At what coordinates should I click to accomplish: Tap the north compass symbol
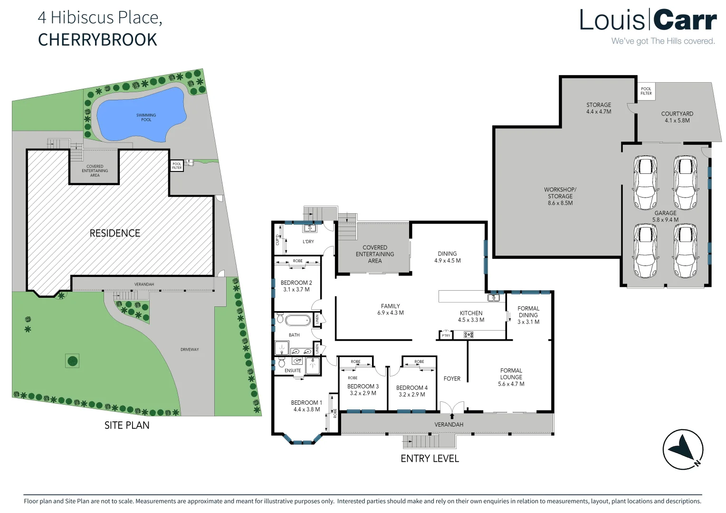tap(683, 449)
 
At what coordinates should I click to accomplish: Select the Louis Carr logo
tap(648, 21)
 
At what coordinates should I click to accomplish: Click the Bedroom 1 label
tap(306, 406)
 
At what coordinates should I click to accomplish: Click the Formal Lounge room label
tap(511, 377)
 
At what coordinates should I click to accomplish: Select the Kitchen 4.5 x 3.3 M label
tap(471, 316)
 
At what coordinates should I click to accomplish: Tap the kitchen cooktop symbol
tap(468, 335)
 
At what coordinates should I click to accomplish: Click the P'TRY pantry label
tap(446, 335)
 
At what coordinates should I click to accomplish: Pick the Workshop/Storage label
tap(560, 196)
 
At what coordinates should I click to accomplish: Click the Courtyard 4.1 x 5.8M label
tap(677, 117)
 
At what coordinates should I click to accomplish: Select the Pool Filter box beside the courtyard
tap(646, 91)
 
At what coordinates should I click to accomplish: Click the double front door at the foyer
tap(452, 408)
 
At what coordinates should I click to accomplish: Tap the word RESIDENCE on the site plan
tap(115, 233)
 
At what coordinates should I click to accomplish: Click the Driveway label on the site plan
tap(190, 350)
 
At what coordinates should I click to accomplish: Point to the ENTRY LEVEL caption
tap(430, 458)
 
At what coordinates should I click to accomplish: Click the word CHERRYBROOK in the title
tap(97, 40)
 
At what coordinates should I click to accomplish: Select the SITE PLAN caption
tap(127, 425)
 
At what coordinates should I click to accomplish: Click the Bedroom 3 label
tap(363, 389)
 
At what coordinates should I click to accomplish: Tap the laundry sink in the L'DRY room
tap(309, 228)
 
